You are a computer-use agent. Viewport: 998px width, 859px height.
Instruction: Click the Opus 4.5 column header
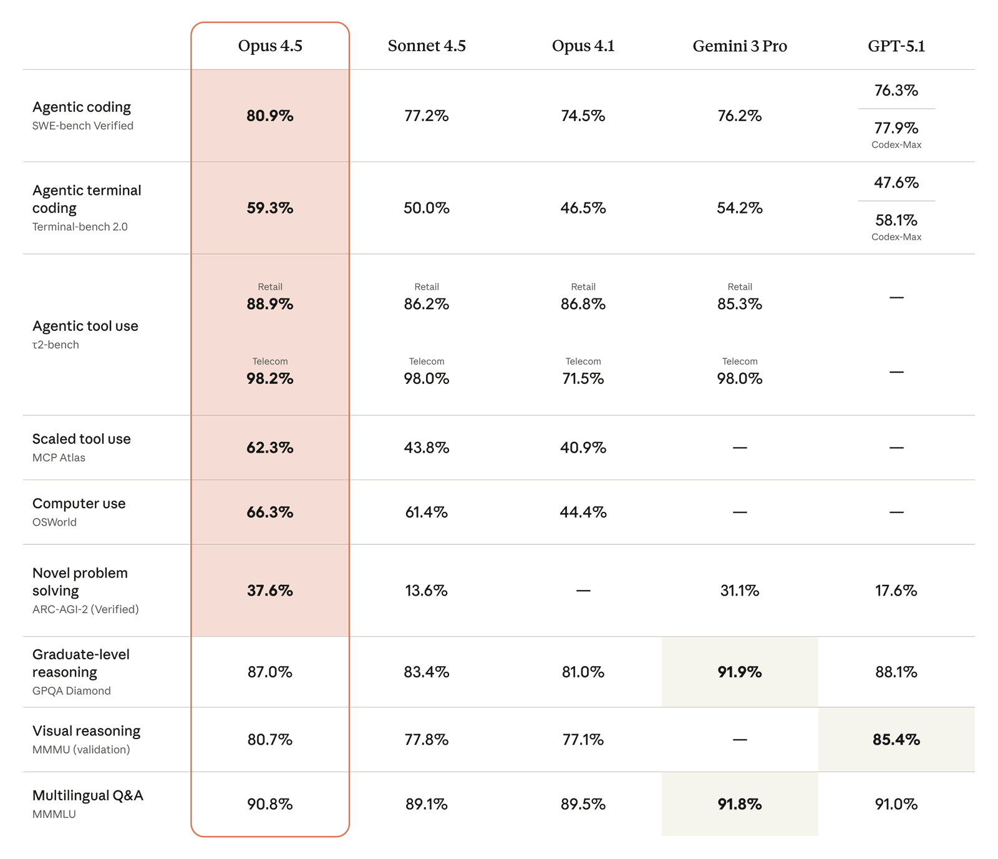click(x=270, y=46)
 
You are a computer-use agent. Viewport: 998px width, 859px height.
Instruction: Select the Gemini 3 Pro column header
click(x=740, y=46)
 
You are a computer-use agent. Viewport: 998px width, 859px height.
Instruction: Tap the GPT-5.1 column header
click(x=896, y=46)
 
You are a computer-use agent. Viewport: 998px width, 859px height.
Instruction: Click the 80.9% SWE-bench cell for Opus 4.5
click(x=270, y=116)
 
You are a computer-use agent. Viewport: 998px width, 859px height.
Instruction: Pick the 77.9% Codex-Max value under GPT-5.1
click(x=896, y=129)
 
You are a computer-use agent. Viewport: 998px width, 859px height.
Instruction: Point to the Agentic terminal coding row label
click(x=87, y=199)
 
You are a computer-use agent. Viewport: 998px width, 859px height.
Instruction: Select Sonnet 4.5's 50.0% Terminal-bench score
click(x=427, y=209)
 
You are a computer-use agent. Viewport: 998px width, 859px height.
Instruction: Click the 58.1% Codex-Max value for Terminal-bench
click(x=896, y=221)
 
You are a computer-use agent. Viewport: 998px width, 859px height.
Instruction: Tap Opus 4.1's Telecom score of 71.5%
click(x=583, y=379)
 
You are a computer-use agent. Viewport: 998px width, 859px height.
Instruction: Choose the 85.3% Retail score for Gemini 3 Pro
click(x=740, y=305)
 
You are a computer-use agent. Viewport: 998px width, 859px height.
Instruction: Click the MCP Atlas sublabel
click(x=59, y=458)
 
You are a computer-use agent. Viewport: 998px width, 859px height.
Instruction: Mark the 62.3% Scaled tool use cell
click(x=270, y=448)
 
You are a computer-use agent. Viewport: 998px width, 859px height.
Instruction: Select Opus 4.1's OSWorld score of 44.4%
click(x=583, y=513)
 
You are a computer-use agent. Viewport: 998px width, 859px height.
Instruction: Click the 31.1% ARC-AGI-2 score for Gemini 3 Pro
click(x=740, y=591)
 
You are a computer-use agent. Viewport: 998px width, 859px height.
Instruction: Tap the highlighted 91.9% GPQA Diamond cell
click(x=740, y=672)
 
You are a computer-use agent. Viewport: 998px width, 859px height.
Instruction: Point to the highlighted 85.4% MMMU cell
click(x=896, y=740)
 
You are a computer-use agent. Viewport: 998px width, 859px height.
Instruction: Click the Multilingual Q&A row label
click(x=88, y=796)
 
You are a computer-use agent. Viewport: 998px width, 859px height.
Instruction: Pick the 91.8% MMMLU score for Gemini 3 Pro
click(x=740, y=805)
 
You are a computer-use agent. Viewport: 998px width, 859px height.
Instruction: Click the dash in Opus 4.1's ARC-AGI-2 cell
click(x=583, y=591)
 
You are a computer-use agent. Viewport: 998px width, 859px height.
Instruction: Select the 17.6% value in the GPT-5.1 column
click(x=896, y=591)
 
